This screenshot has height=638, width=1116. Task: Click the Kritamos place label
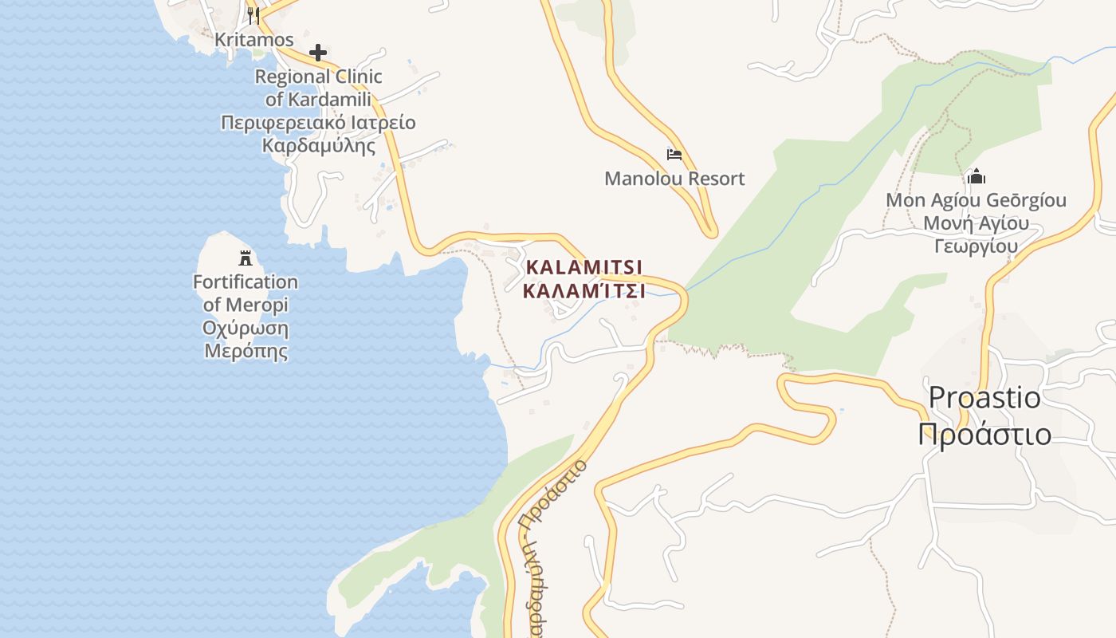tap(254, 39)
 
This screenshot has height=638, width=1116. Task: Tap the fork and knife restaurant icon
tap(253, 14)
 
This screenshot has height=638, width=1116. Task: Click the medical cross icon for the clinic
tap(318, 53)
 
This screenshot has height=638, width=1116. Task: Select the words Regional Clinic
tap(318, 77)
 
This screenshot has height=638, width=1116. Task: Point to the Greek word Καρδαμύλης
tap(318, 146)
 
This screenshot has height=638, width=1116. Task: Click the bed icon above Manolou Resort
tap(674, 154)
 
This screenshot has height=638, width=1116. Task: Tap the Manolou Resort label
tap(674, 178)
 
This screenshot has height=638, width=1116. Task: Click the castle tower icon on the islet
tap(246, 258)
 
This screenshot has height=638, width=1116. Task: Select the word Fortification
tap(246, 282)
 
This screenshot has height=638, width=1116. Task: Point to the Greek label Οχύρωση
tap(246, 328)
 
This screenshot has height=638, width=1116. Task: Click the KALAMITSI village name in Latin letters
tap(584, 266)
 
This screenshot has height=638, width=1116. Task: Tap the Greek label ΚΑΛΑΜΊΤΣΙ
tap(584, 291)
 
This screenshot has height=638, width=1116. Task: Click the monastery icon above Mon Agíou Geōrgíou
tap(976, 176)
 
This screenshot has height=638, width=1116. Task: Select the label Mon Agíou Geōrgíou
tap(976, 199)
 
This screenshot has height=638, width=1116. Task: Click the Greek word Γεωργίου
tap(976, 246)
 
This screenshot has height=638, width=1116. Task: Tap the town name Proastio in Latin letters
tap(984, 396)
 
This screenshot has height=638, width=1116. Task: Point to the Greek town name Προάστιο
tap(984, 434)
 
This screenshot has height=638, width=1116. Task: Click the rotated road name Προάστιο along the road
tap(553, 494)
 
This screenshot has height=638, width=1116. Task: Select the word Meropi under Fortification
tap(257, 305)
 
